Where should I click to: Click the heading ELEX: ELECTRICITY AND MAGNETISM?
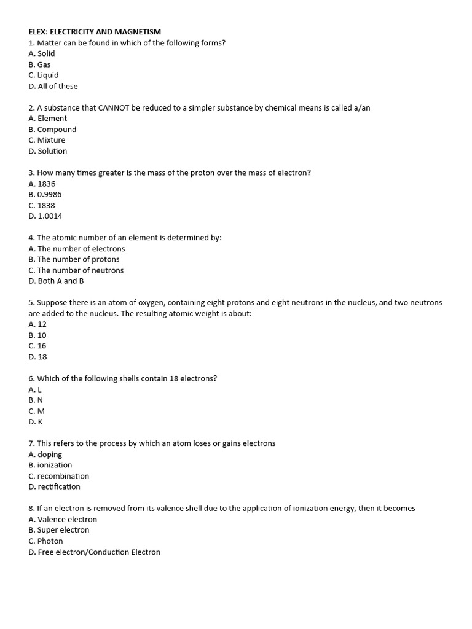[95, 32]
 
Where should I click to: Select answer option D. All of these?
[53, 87]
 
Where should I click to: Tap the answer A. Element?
[47, 119]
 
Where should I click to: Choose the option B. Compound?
[52, 130]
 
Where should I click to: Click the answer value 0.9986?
[49, 195]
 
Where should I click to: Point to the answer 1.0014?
[50, 216]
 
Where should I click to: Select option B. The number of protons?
[74, 259]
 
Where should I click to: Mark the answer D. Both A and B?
[56, 281]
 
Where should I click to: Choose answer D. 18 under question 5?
[37, 357]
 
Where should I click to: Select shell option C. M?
[36, 411]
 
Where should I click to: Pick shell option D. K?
[36, 422]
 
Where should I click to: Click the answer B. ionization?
[50, 465]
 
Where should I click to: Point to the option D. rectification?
[54, 487]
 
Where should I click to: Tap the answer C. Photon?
[45, 541]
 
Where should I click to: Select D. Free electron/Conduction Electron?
[94, 552]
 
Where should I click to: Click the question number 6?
[31, 379]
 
